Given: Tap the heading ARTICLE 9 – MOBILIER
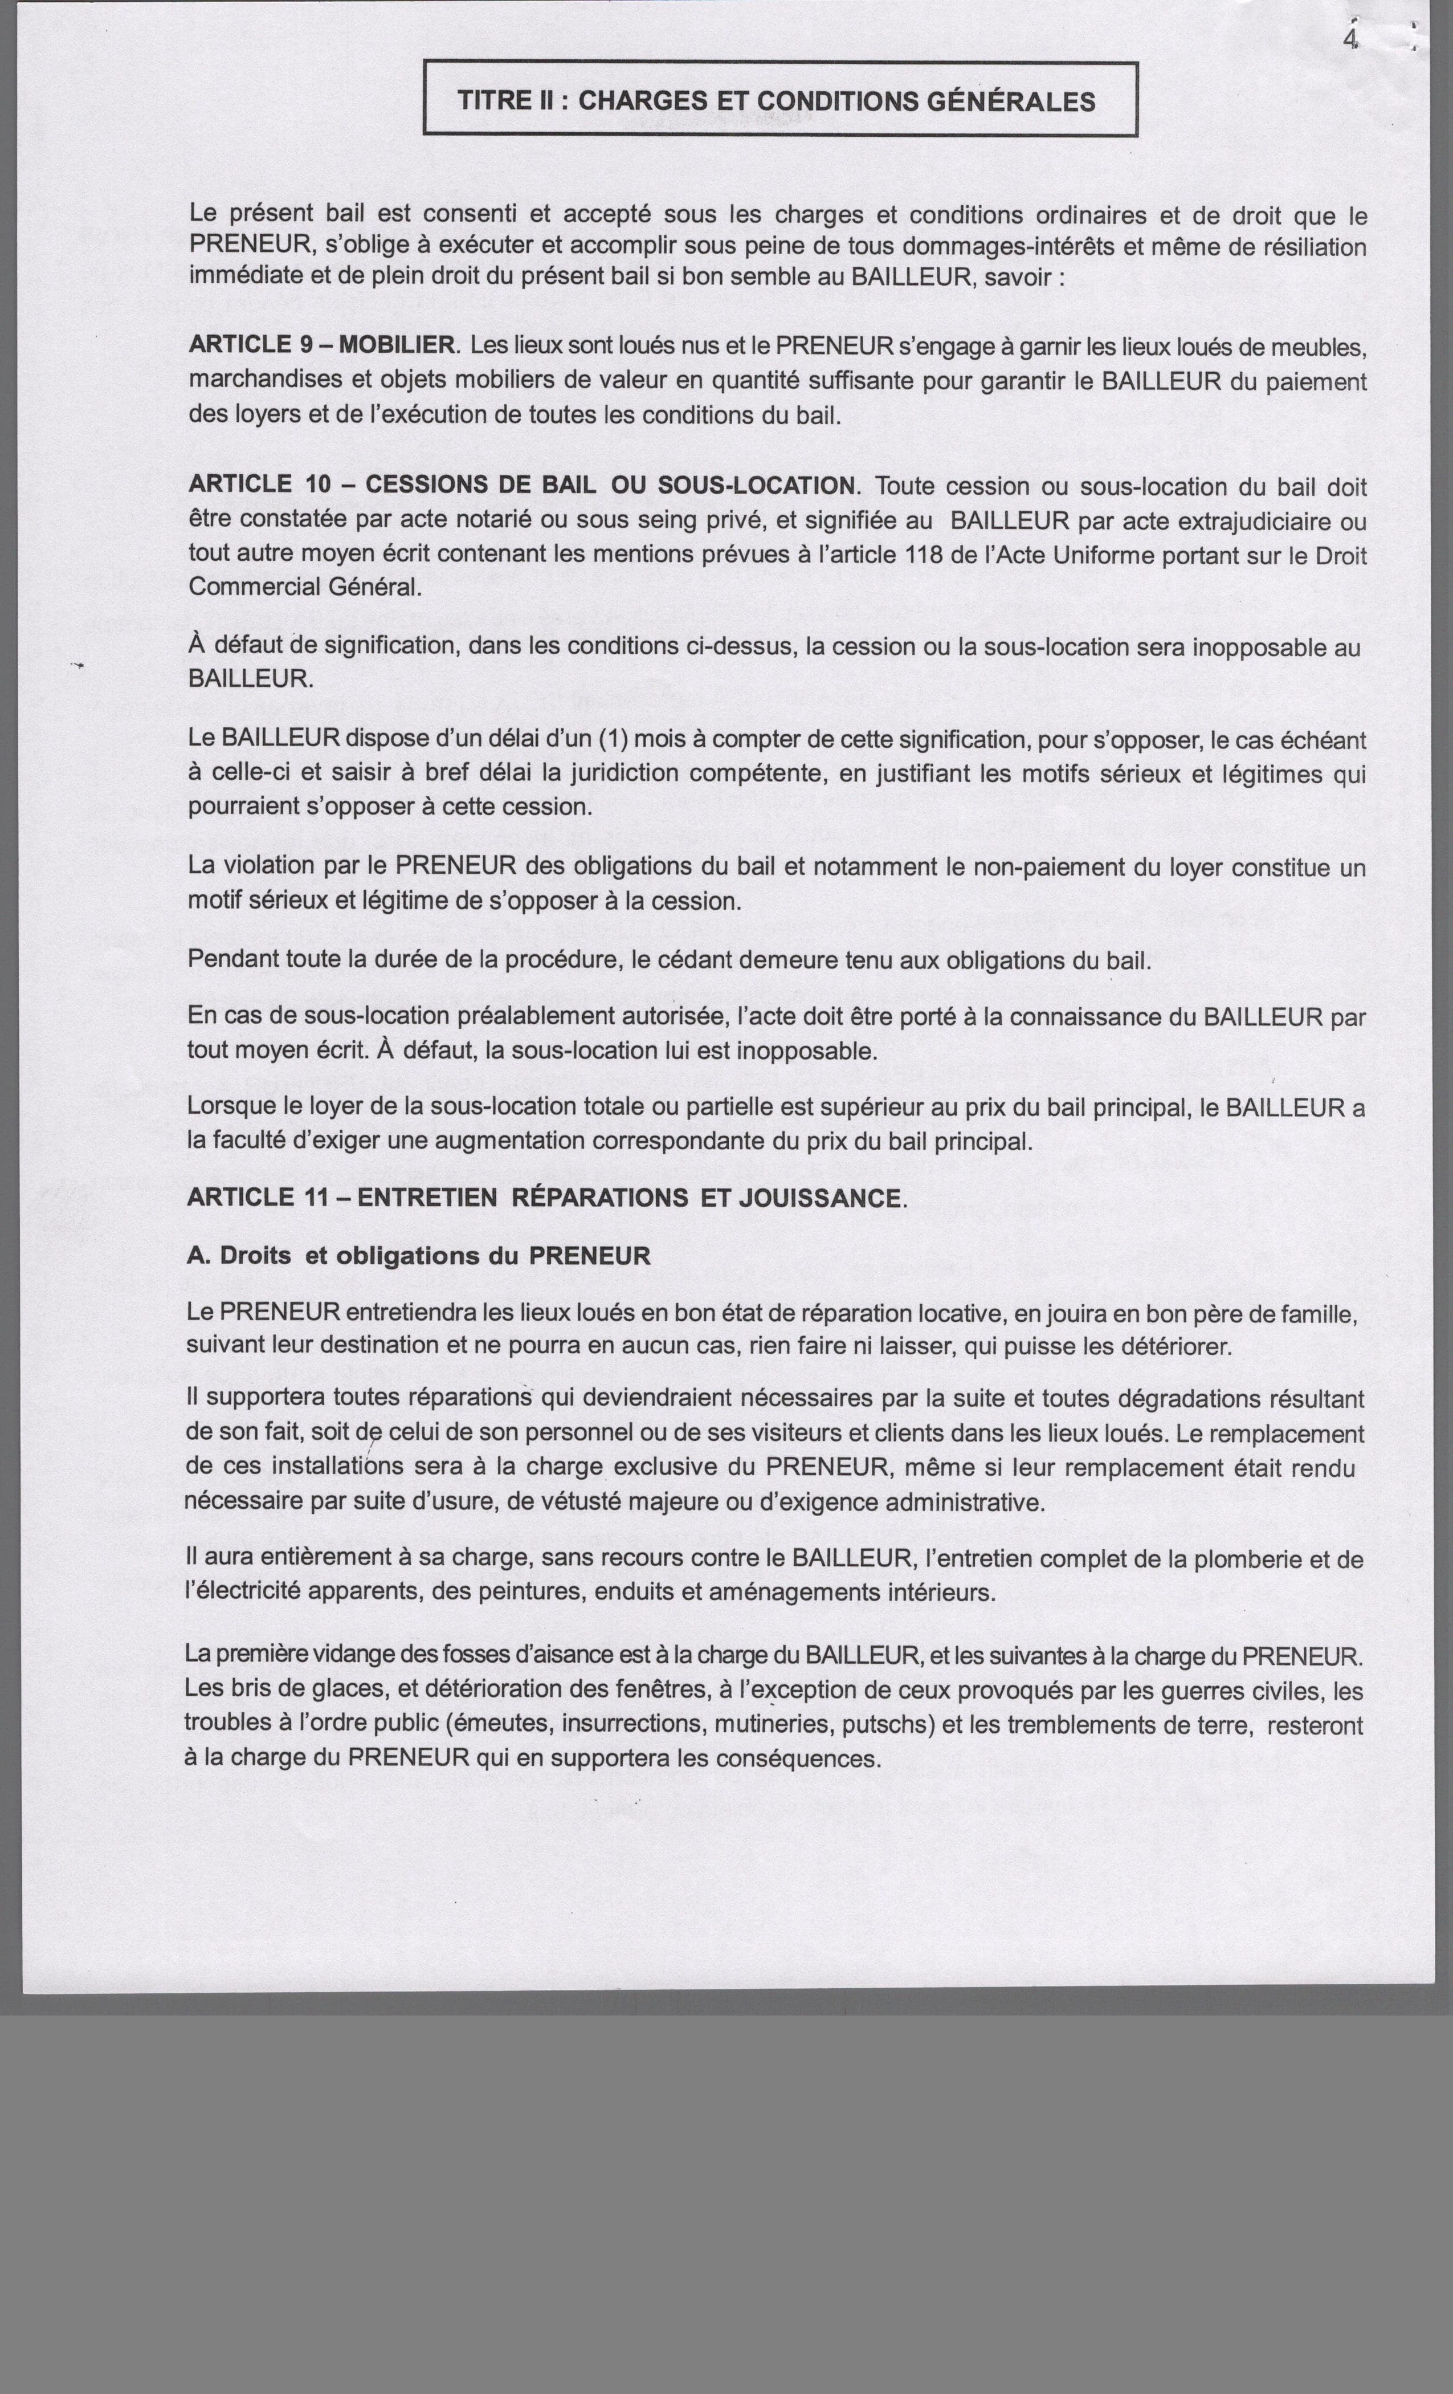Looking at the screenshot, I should pyautogui.click(x=321, y=345).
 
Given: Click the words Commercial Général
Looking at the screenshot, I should pyautogui.click(x=305, y=587).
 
